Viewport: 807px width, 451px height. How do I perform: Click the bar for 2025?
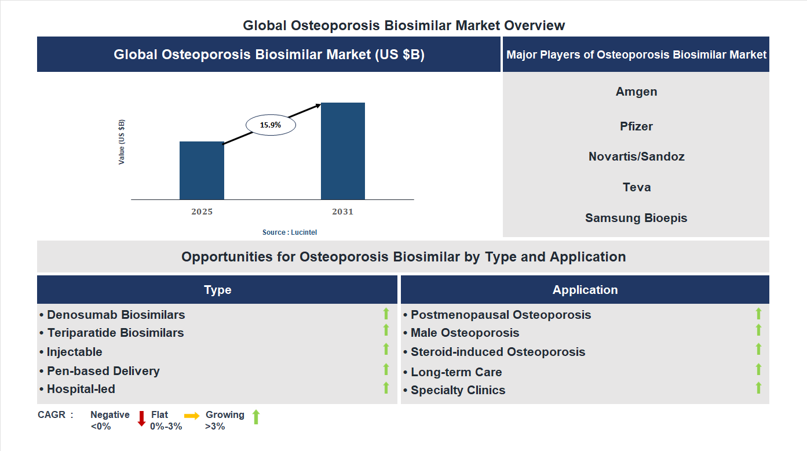[202, 170]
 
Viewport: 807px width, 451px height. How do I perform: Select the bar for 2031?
[343, 151]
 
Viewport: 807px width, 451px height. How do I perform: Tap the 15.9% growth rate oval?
[271, 125]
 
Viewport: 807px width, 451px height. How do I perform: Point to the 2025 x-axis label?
[202, 212]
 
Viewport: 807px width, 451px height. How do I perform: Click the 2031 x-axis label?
[342, 212]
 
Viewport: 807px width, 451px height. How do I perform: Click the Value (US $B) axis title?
[122, 142]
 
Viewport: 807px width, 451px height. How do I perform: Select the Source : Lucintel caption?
[290, 232]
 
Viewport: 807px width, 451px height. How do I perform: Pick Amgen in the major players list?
[636, 92]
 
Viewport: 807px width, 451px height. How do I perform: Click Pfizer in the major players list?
[636, 126]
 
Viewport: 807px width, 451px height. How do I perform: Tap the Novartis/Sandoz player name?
[636, 157]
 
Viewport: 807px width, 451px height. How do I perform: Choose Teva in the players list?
[636, 187]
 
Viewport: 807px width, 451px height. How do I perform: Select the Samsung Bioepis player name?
[636, 218]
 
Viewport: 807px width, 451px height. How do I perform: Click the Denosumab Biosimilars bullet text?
[116, 315]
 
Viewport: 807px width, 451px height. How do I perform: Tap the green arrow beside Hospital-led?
[386, 388]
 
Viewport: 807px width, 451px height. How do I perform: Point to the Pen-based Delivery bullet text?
[103, 371]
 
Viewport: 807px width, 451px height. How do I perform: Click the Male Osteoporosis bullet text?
[465, 333]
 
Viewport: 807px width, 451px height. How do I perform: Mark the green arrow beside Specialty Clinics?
[758, 388]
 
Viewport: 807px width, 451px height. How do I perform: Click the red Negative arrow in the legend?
[141, 418]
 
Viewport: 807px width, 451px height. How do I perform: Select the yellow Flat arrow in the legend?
[192, 416]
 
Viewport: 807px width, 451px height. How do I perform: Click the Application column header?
[585, 290]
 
